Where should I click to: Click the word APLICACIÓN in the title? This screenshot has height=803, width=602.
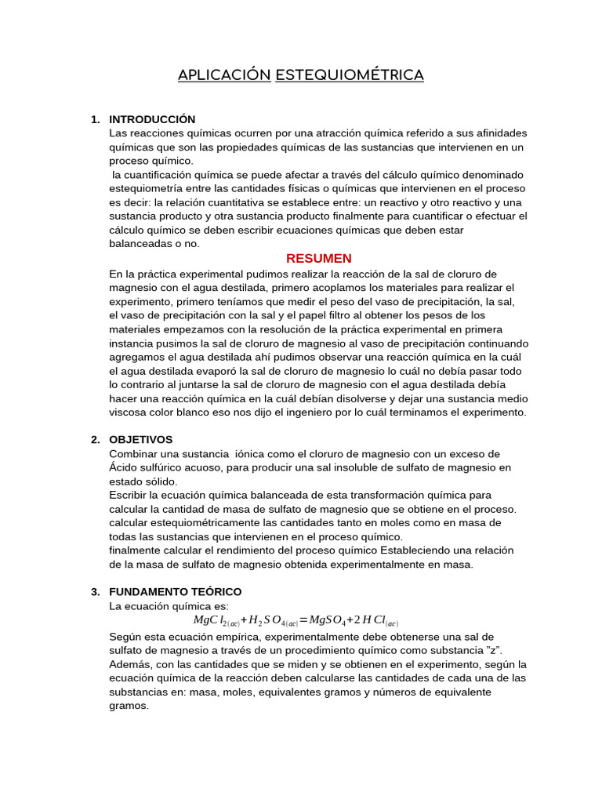223,75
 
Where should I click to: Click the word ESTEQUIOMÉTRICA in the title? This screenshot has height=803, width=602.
350,75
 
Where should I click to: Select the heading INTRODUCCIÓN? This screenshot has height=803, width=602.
152,119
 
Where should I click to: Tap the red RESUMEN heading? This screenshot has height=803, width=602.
318,258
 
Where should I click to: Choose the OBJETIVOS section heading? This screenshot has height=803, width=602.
141,439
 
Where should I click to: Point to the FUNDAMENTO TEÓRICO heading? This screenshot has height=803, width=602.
176,591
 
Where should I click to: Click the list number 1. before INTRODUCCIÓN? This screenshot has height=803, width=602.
96,119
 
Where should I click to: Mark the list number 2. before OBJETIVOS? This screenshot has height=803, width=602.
96,439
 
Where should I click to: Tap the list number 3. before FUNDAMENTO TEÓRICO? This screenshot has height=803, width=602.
96,591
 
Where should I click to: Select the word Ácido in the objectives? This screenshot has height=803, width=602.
125,467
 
